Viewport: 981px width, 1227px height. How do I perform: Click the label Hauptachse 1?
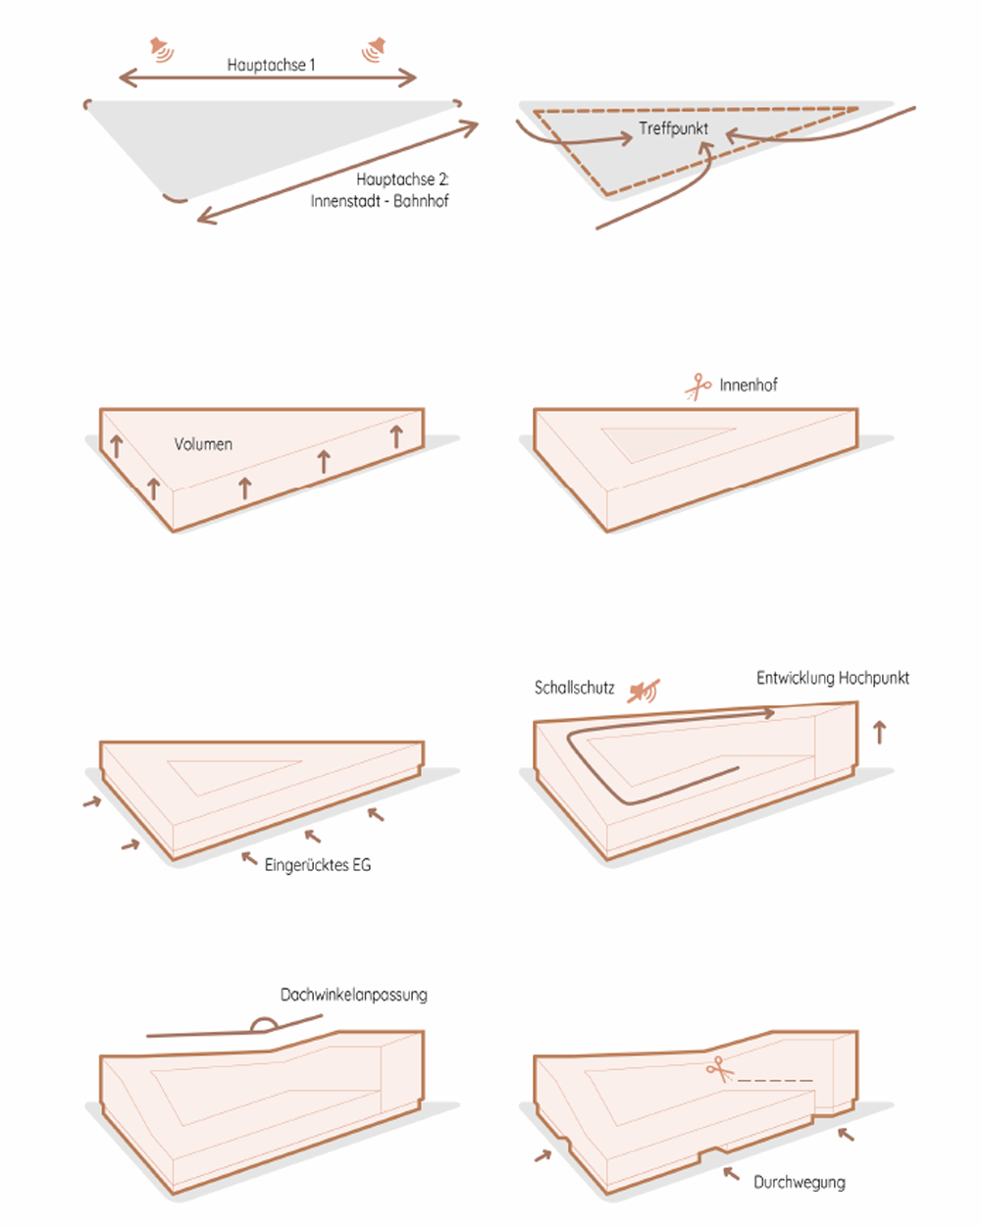click(x=271, y=65)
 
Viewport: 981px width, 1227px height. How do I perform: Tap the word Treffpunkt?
click(x=673, y=128)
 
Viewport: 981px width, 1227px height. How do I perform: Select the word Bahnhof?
click(x=421, y=201)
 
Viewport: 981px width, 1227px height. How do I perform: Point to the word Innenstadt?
click(x=344, y=201)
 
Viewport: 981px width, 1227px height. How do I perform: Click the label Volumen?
click(x=203, y=444)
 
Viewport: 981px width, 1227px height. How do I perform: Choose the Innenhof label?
click(x=749, y=385)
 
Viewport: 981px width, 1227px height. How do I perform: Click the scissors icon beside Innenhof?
click(x=698, y=387)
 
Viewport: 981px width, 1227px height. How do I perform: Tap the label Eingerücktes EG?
click(x=318, y=865)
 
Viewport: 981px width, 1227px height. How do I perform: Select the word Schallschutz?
click(x=574, y=688)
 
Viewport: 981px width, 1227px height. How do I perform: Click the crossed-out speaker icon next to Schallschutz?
click(x=644, y=691)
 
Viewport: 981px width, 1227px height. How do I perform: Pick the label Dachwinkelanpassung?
click(x=353, y=995)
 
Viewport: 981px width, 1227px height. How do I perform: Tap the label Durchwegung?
click(x=800, y=1182)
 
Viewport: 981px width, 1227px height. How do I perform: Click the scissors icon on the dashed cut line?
click(x=720, y=1069)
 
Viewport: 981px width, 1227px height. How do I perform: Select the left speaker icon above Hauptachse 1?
click(x=162, y=50)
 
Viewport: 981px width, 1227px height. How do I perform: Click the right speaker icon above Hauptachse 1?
click(x=374, y=50)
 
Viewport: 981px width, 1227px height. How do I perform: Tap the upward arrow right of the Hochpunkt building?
click(x=880, y=732)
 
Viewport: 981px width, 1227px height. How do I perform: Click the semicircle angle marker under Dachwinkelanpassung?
click(x=264, y=1023)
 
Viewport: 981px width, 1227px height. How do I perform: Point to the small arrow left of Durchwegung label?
click(x=731, y=1173)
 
